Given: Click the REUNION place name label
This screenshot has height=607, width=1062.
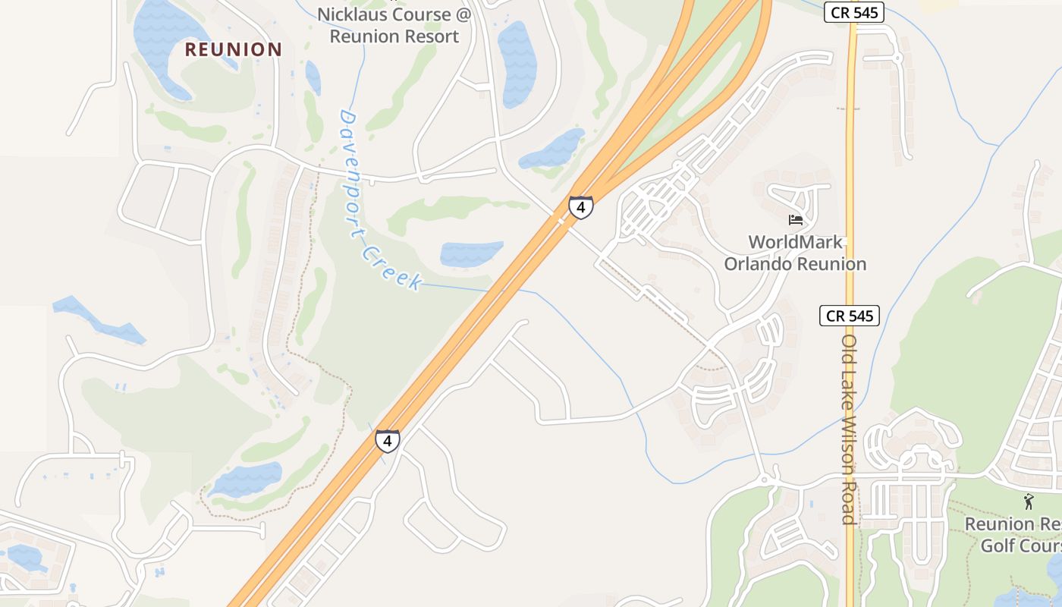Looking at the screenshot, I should point(234,50).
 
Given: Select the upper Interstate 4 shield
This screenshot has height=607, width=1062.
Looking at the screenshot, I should point(580,207).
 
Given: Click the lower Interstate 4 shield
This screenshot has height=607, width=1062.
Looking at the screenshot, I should point(387,440).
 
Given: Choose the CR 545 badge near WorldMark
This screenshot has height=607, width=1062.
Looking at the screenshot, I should point(849,316).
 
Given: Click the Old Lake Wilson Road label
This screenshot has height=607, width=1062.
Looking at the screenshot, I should point(849,429).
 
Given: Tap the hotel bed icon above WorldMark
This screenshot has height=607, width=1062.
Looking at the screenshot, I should point(795,220).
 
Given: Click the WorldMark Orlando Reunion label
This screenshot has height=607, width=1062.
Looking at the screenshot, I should point(795,253).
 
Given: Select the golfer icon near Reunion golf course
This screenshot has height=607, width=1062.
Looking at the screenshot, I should point(1029,502).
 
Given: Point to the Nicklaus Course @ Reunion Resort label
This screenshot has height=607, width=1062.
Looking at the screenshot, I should point(394,25).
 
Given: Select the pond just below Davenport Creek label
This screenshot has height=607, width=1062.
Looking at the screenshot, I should point(471,253).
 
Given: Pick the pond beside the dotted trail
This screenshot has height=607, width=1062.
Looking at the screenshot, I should point(247,480).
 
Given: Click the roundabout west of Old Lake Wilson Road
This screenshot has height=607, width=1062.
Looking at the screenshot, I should point(765,480).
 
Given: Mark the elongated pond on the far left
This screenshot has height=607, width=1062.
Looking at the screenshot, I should point(99,319).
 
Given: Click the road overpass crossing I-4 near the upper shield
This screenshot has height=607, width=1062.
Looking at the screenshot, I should point(562,221).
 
